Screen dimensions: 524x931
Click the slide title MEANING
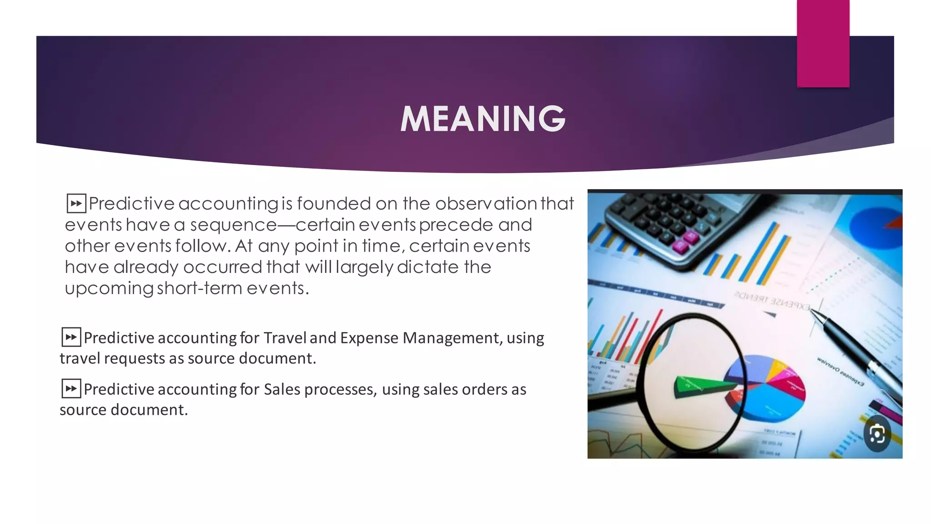tap(483, 119)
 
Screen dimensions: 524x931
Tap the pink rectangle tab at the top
tap(823, 43)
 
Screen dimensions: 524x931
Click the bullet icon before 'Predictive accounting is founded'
tap(76, 203)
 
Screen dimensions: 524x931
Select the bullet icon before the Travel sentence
tap(71, 337)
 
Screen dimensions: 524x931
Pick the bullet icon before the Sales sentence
tap(71, 388)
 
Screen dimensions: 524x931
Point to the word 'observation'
tap(486, 203)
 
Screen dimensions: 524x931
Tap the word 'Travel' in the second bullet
tap(285, 338)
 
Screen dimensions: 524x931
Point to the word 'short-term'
tap(200, 288)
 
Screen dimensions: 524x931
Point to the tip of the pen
tap(812, 311)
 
